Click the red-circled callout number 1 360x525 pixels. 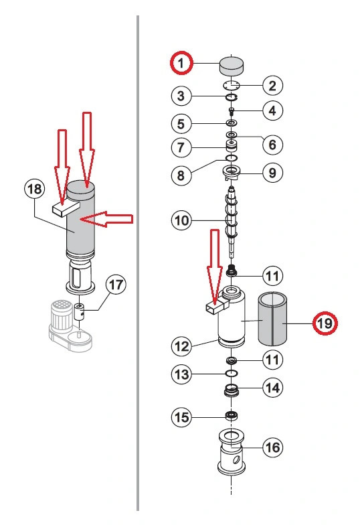[x=181, y=64]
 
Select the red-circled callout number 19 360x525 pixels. [x=325, y=323]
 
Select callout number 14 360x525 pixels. [x=272, y=387]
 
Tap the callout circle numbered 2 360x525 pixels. [x=272, y=85]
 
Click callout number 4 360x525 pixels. [x=272, y=110]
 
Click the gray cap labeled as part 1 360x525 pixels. [x=232, y=66]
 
